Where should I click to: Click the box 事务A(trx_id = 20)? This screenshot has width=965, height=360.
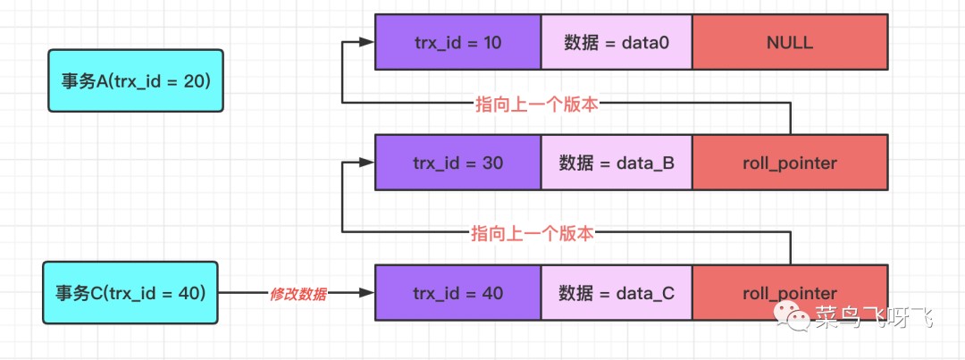[x=135, y=81]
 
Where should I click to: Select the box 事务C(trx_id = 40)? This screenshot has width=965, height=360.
[x=130, y=292]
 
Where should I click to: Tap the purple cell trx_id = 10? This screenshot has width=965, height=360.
[x=457, y=42]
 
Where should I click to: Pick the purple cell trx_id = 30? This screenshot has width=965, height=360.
[x=457, y=163]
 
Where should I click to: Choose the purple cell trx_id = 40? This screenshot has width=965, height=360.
[x=457, y=292]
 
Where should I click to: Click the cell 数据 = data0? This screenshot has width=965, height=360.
[x=617, y=42]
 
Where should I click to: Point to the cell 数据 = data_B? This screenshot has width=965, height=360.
[x=617, y=163]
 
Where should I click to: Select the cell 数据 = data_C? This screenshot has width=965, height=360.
[x=617, y=292]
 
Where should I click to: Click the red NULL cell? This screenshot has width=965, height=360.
[x=790, y=42]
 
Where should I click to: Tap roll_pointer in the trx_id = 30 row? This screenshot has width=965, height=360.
[x=790, y=163]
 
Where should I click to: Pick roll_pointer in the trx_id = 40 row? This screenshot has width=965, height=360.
[x=790, y=292]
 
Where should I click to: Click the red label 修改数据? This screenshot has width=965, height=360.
[x=298, y=293]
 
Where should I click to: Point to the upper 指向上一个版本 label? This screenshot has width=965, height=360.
[x=536, y=104]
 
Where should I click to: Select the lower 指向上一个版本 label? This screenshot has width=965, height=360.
[x=533, y=233]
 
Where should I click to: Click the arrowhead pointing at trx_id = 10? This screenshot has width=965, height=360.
[x=365, y=42]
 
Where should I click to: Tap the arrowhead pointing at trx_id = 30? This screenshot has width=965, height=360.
[x=365, y=163]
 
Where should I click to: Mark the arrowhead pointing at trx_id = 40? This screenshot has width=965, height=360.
[x=365, y=292]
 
